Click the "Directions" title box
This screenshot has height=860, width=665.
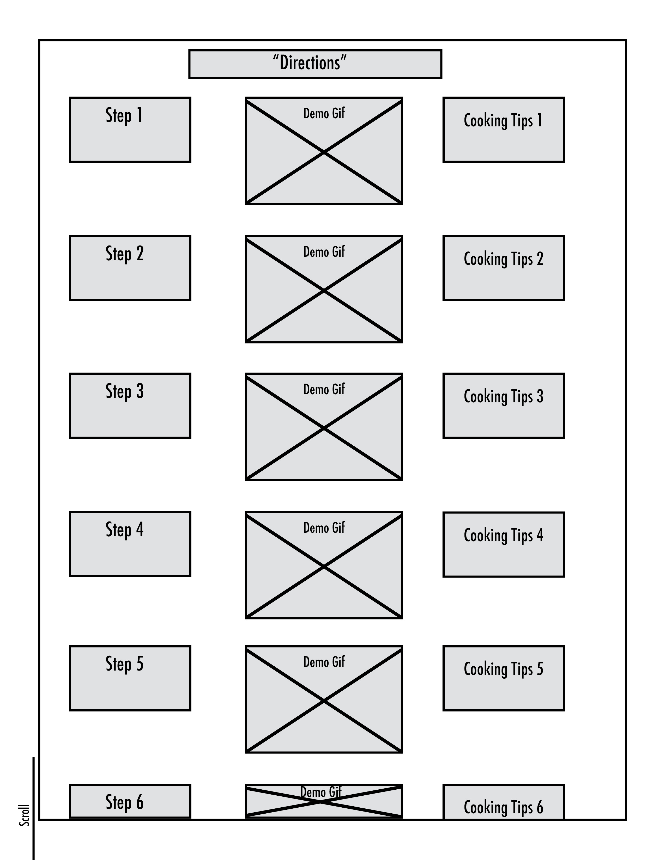tap(315, 64)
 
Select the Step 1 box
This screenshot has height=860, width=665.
tap(130, 130)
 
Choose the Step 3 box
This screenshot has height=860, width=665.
tap(130, 406)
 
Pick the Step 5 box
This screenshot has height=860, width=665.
tap(130, 678)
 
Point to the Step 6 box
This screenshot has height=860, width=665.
tap(130, 801)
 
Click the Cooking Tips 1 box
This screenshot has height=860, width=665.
tap(504, 130)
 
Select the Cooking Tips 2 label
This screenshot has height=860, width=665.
tap(504, 259)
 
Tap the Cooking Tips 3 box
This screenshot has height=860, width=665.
tap(504, 406)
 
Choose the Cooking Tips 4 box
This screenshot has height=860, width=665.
tap(504, 545)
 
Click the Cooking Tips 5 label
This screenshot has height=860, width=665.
tap(504, 669)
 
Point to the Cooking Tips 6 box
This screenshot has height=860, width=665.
tap(504, 802)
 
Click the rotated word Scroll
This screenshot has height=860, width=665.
tap(25, 815)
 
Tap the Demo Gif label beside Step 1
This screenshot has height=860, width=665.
tap(324, 113)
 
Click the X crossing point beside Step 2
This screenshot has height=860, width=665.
tap(324, 290)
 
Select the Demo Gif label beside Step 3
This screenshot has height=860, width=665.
tap(324, 389)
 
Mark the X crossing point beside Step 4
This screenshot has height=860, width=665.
tap(324, 566)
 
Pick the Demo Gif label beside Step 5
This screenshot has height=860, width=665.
tap(324, 662)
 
